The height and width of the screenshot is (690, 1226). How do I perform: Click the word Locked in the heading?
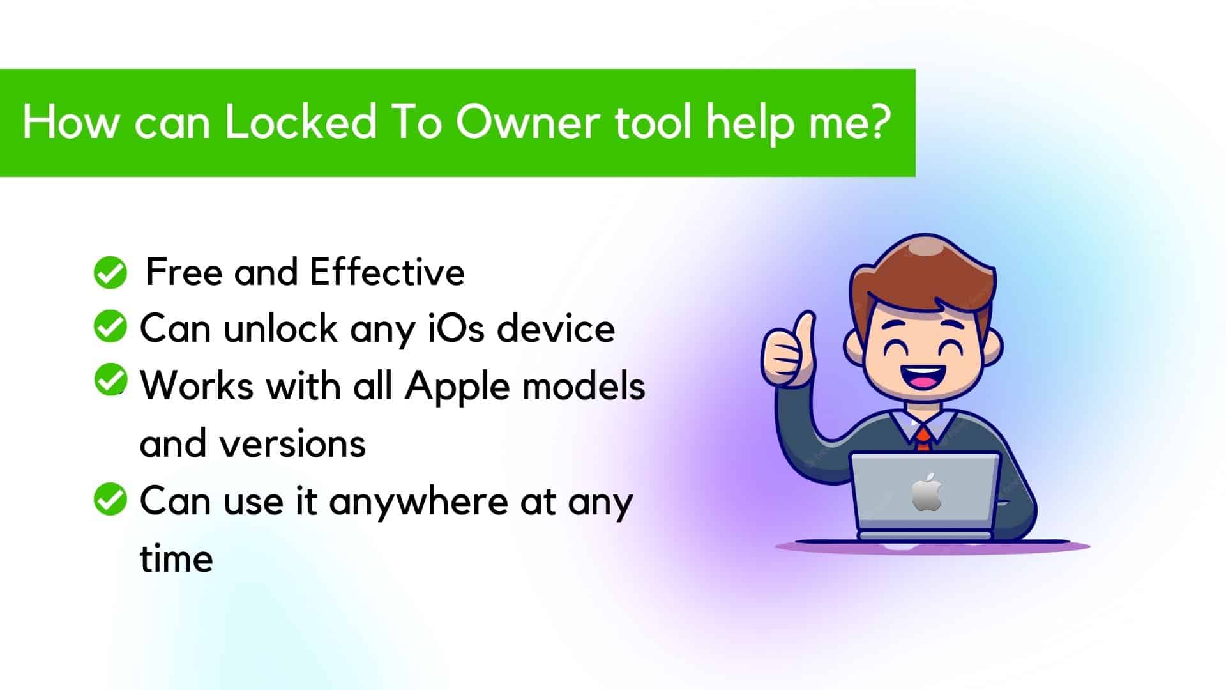300,121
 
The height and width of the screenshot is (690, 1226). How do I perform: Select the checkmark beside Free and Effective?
110,273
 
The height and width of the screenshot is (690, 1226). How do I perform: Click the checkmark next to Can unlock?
110,326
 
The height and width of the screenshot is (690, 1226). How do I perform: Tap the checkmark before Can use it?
110,499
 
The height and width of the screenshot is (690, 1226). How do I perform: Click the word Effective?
387,272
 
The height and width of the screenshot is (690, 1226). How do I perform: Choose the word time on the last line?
176,558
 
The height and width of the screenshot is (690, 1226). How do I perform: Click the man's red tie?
923,440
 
